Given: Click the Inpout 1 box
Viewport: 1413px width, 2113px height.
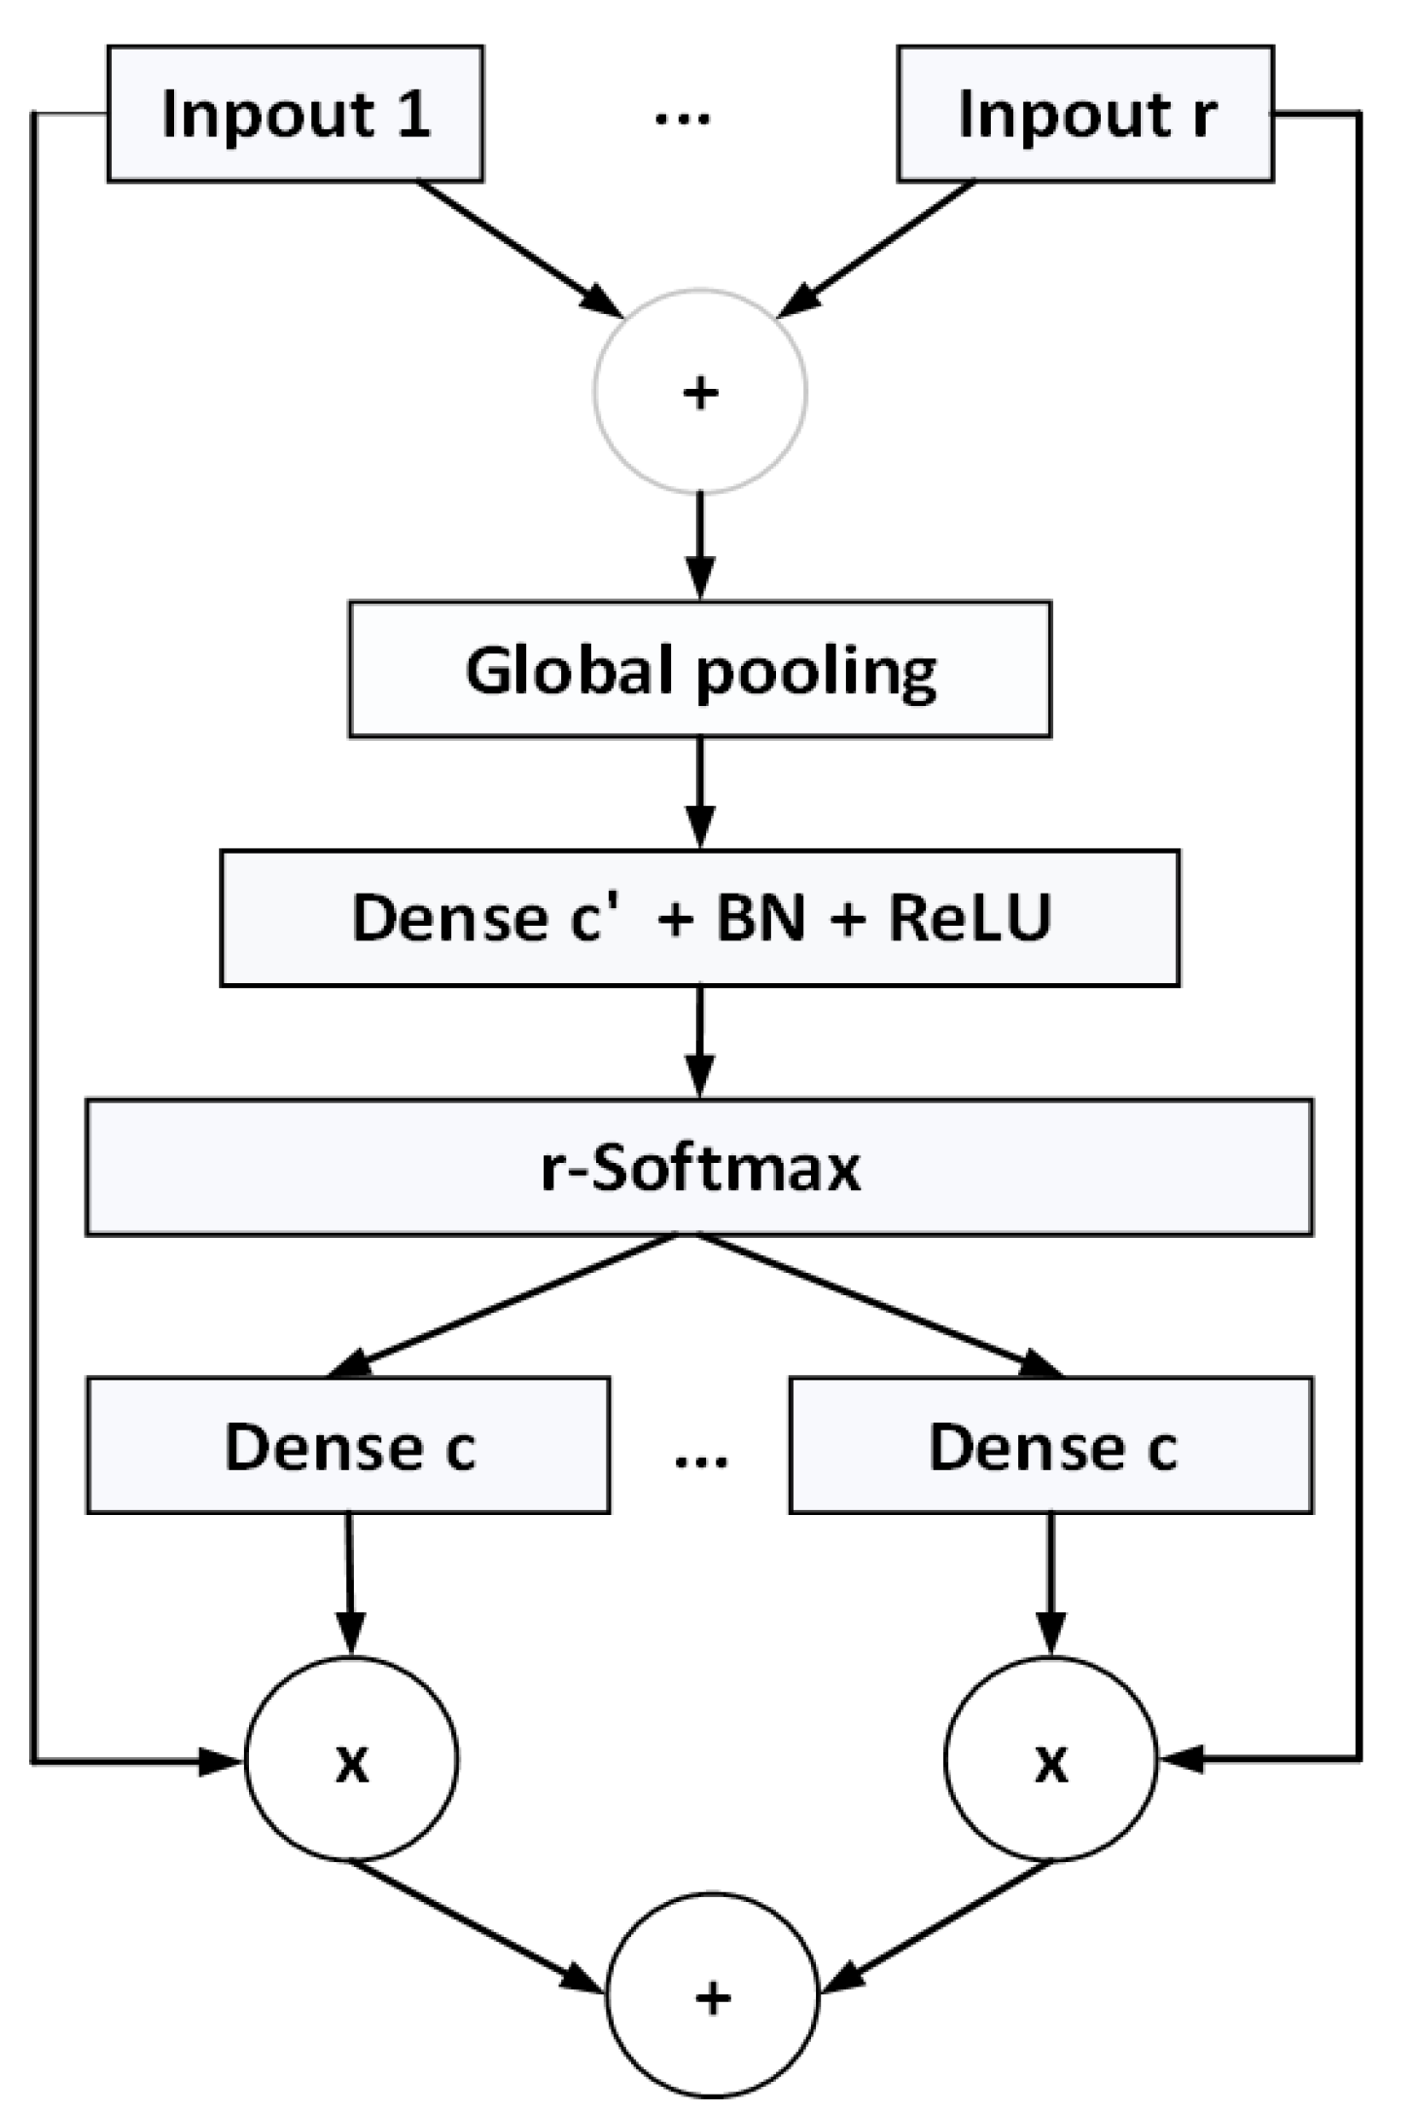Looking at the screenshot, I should coord(295,114).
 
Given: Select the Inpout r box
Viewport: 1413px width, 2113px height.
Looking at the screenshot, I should coord(1084,114).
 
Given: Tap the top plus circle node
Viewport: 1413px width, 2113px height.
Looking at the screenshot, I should coord(700,391).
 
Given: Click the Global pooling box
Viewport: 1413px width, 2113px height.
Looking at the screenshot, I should coord(700,670).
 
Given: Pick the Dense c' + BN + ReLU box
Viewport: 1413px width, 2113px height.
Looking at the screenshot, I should coord(700,918).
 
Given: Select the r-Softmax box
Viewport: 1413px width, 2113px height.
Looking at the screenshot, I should coord(700,1167).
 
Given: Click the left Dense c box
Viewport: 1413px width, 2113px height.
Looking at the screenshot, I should coord(348,1445).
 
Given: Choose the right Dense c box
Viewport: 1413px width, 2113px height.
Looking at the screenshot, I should coord(1051,1445).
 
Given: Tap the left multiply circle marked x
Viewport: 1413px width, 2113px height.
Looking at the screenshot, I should coord(351,1759).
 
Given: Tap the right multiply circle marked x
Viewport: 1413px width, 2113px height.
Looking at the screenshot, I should coord(1051,1759).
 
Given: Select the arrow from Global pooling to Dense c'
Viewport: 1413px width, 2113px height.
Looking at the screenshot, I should coord(700,792).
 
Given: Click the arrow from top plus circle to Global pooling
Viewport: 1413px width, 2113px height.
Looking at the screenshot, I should coord(700,545).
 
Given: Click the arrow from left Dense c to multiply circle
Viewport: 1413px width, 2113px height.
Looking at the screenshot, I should coord(350,1585).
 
